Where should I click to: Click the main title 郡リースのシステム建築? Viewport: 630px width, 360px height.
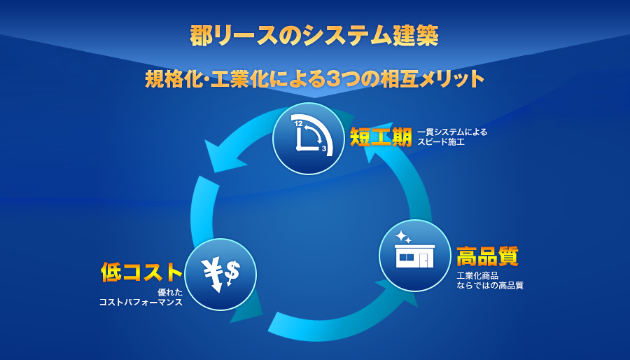tap(314, 36)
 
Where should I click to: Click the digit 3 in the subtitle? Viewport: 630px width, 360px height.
tap(332, 78)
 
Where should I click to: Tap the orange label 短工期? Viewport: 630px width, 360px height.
tap(381, 137)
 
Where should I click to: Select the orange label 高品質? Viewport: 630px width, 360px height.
tap(487, 256)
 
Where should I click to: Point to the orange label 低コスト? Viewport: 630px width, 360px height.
tap(141, 272)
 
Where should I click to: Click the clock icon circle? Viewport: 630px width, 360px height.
tap(309, 139)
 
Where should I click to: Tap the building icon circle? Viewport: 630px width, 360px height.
tap(414, 256)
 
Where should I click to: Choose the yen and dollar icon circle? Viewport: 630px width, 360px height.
tap(220, 275)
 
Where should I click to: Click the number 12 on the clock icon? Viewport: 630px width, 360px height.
tap(298, 124)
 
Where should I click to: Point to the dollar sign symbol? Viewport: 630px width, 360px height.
tap(232, 272)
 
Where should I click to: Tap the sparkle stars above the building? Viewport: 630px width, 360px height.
tap(403, 237)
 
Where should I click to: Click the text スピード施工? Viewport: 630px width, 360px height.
tap(441, 142)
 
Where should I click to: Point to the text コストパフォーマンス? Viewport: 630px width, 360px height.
tap(141, 302)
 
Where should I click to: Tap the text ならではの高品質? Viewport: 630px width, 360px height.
tap(490, 286)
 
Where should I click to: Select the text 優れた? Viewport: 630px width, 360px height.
tap(170, 293)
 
